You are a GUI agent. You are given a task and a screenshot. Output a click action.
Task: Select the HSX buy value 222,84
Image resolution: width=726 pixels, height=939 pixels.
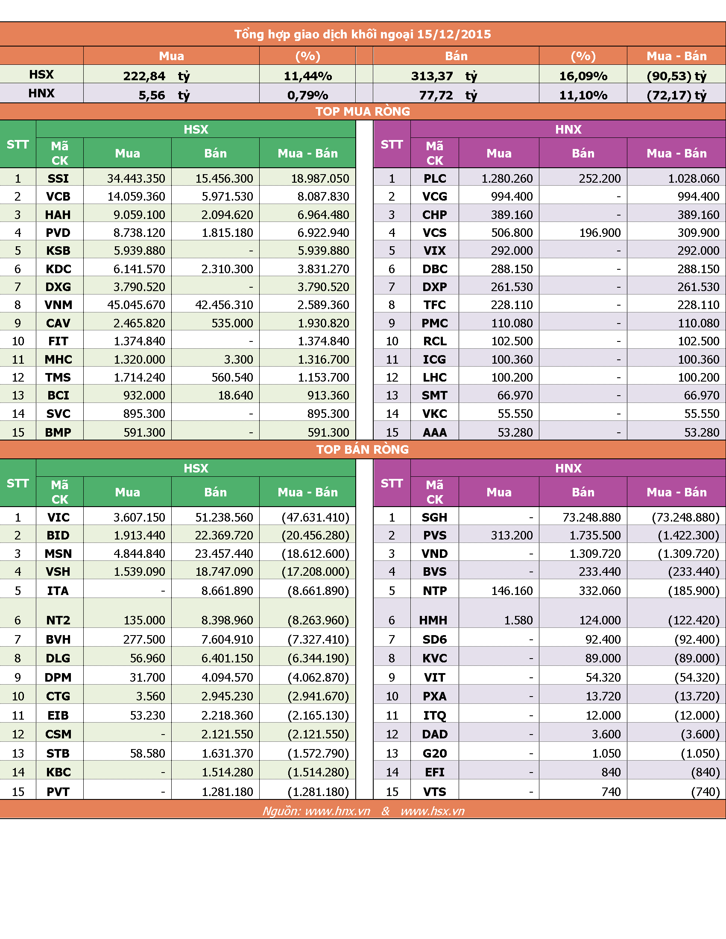coord(144,76)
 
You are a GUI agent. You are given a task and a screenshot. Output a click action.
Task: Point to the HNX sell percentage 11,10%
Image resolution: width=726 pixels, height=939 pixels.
coord(583,95)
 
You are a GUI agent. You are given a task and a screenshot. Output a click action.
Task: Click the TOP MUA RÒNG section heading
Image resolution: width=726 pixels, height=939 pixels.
coord(363,111)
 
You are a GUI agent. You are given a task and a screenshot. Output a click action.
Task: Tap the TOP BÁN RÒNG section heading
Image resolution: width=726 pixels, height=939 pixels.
coord(363,449)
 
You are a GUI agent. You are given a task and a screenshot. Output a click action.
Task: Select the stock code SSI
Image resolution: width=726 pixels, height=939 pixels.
coord(58,178)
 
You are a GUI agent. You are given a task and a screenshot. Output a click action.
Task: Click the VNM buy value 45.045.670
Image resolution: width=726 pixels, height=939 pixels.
coord(136,305)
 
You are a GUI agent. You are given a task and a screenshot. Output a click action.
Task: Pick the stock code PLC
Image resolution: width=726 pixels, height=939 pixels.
coord(435,178)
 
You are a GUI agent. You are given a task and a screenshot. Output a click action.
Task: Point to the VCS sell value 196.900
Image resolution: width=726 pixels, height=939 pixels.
coord(600,233)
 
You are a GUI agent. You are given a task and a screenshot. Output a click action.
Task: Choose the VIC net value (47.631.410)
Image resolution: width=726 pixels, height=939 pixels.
coord(315,517)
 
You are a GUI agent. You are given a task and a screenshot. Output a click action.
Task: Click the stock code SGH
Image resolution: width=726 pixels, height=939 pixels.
coord(434,517)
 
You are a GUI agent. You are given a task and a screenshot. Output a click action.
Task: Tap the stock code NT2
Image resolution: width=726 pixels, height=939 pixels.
coord(58,620)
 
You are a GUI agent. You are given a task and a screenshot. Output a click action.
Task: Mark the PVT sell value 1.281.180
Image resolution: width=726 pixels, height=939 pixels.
coord(227,791)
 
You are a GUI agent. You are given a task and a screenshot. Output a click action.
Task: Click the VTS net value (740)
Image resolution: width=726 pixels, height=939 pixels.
coord(706,791)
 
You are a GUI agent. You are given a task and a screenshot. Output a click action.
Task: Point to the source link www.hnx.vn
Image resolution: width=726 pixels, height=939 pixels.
coord(338,811)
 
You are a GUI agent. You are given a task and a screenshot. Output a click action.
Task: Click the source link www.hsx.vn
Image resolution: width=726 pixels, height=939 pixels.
coord(432,811)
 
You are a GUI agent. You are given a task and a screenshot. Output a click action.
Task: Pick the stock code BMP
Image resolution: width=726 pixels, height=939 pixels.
coord(58,432)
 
